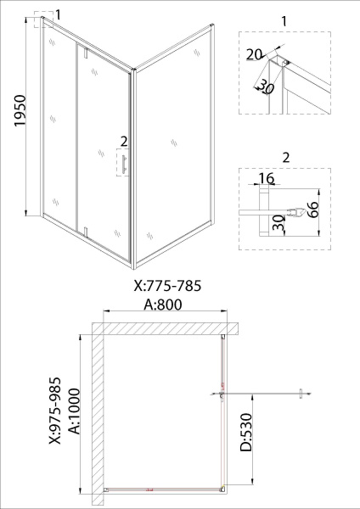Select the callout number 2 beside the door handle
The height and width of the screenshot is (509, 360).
click(123, 141)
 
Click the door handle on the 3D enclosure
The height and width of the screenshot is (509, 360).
click(124, 165)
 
